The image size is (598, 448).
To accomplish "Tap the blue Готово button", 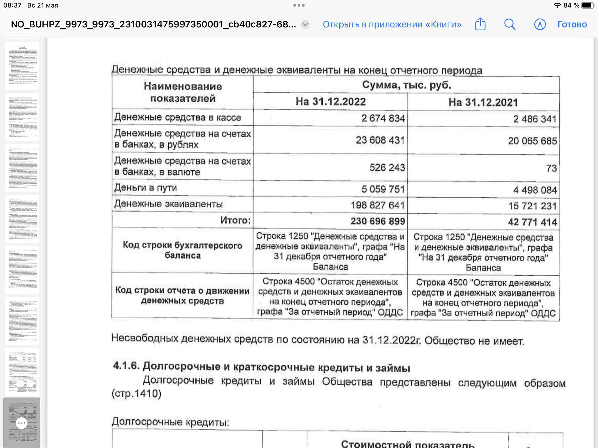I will coord(572,24).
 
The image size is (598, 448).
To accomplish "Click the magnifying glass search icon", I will coord(510,24).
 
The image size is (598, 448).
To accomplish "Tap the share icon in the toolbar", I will coord(480,24).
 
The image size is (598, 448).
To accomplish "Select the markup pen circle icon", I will coord(540,24).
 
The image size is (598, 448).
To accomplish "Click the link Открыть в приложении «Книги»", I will coord(392,24).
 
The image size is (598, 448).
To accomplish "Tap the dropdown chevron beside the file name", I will coord(305,24).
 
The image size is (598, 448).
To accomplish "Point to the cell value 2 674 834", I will coord(383,118).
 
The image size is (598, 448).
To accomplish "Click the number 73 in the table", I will coord(551,168).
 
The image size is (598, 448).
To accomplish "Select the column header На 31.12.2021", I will coord(483,102).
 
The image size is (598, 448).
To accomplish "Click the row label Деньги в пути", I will coord(146,188).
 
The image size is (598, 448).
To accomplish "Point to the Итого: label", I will coord(236,220).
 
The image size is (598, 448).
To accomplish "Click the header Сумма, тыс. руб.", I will coord(406,85).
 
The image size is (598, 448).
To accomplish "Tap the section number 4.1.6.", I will coord(126,366).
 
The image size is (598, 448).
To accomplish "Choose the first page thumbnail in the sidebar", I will coord(22,66).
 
